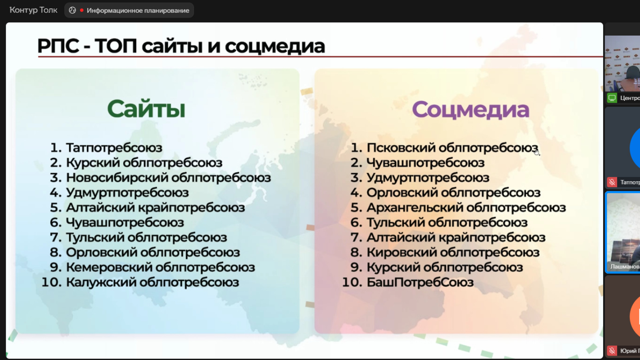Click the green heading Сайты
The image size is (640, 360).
tap(146, 109)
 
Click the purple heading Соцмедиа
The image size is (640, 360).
tap(470, 110)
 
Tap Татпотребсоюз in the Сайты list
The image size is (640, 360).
tap(114, 148)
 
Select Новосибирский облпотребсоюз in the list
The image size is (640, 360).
tap(168, 178)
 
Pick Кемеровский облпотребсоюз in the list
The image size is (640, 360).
tap(160, 268)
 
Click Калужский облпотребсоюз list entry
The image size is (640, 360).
tap(152, 282)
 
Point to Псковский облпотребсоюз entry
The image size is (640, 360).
tap(452, 148)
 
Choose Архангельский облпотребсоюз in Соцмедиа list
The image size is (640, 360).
tap(466, 208)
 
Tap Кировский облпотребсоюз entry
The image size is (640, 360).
tap(453, 252)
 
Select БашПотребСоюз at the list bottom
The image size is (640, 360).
tap(420, 282)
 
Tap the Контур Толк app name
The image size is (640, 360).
tap(34, 10)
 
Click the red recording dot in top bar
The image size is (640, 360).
tap(82, 10)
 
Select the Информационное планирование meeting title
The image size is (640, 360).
tap(138, 10)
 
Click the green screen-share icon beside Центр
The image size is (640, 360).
tap(612, 98)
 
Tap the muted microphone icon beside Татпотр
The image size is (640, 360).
tap(612, 182)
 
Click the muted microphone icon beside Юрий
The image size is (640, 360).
tap(612, 350)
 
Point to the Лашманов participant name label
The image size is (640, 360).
tap(625, 266)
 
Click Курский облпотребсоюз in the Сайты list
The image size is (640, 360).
tap(144, 163)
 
